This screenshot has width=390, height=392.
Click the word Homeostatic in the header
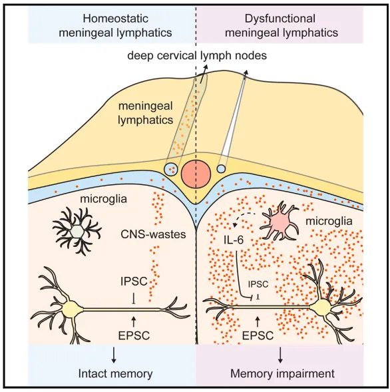[x=116, y=19]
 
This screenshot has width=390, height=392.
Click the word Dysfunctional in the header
[x=280, y=19]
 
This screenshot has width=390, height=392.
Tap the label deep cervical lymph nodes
[x=197, y=55]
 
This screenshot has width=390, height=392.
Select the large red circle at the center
[x=196, y=174]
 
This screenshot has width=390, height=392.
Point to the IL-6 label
[x=233, y=240]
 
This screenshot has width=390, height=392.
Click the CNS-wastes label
[x=153, y=234]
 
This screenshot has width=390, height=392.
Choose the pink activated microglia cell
[x=280, y=220]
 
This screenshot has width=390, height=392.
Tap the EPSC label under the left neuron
[x=134, y=335]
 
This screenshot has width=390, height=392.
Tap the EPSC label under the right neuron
[x=258, y=335]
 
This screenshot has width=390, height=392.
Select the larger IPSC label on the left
[x=134, y=282]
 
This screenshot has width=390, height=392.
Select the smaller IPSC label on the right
[x=258, y=284]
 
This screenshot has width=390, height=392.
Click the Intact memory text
[x=115, y=374]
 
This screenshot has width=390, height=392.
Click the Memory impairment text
[x=282, y=374]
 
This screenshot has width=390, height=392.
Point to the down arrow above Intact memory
[x=114, y=355]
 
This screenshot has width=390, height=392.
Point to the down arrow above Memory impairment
[x=280, y=355]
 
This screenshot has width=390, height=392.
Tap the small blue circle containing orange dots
[x=171, y=169]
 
